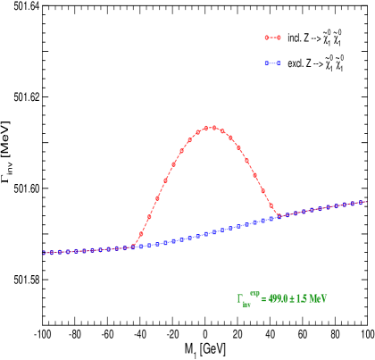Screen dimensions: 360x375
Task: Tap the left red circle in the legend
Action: (266, 38)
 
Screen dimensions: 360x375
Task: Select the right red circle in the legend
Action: (279, 38)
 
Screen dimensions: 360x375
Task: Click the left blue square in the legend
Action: (266, 63)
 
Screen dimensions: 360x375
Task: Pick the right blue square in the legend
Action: (279, 63)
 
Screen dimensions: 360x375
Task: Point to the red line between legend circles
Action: (272, 38)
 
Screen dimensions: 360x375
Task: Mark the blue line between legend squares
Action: (272, 63)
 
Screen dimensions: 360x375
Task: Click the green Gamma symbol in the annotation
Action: (239, 299)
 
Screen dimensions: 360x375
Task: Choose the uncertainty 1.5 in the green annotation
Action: (302, 299)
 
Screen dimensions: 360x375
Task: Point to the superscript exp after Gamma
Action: (254, 294)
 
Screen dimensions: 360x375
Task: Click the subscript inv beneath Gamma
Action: (246, 305)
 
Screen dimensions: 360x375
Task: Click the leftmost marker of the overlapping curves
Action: (44, 253)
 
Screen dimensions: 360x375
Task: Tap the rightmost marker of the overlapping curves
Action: (364, 202)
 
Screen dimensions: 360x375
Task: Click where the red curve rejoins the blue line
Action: (279, 216)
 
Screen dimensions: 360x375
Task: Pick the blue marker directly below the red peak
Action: (206, 234)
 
